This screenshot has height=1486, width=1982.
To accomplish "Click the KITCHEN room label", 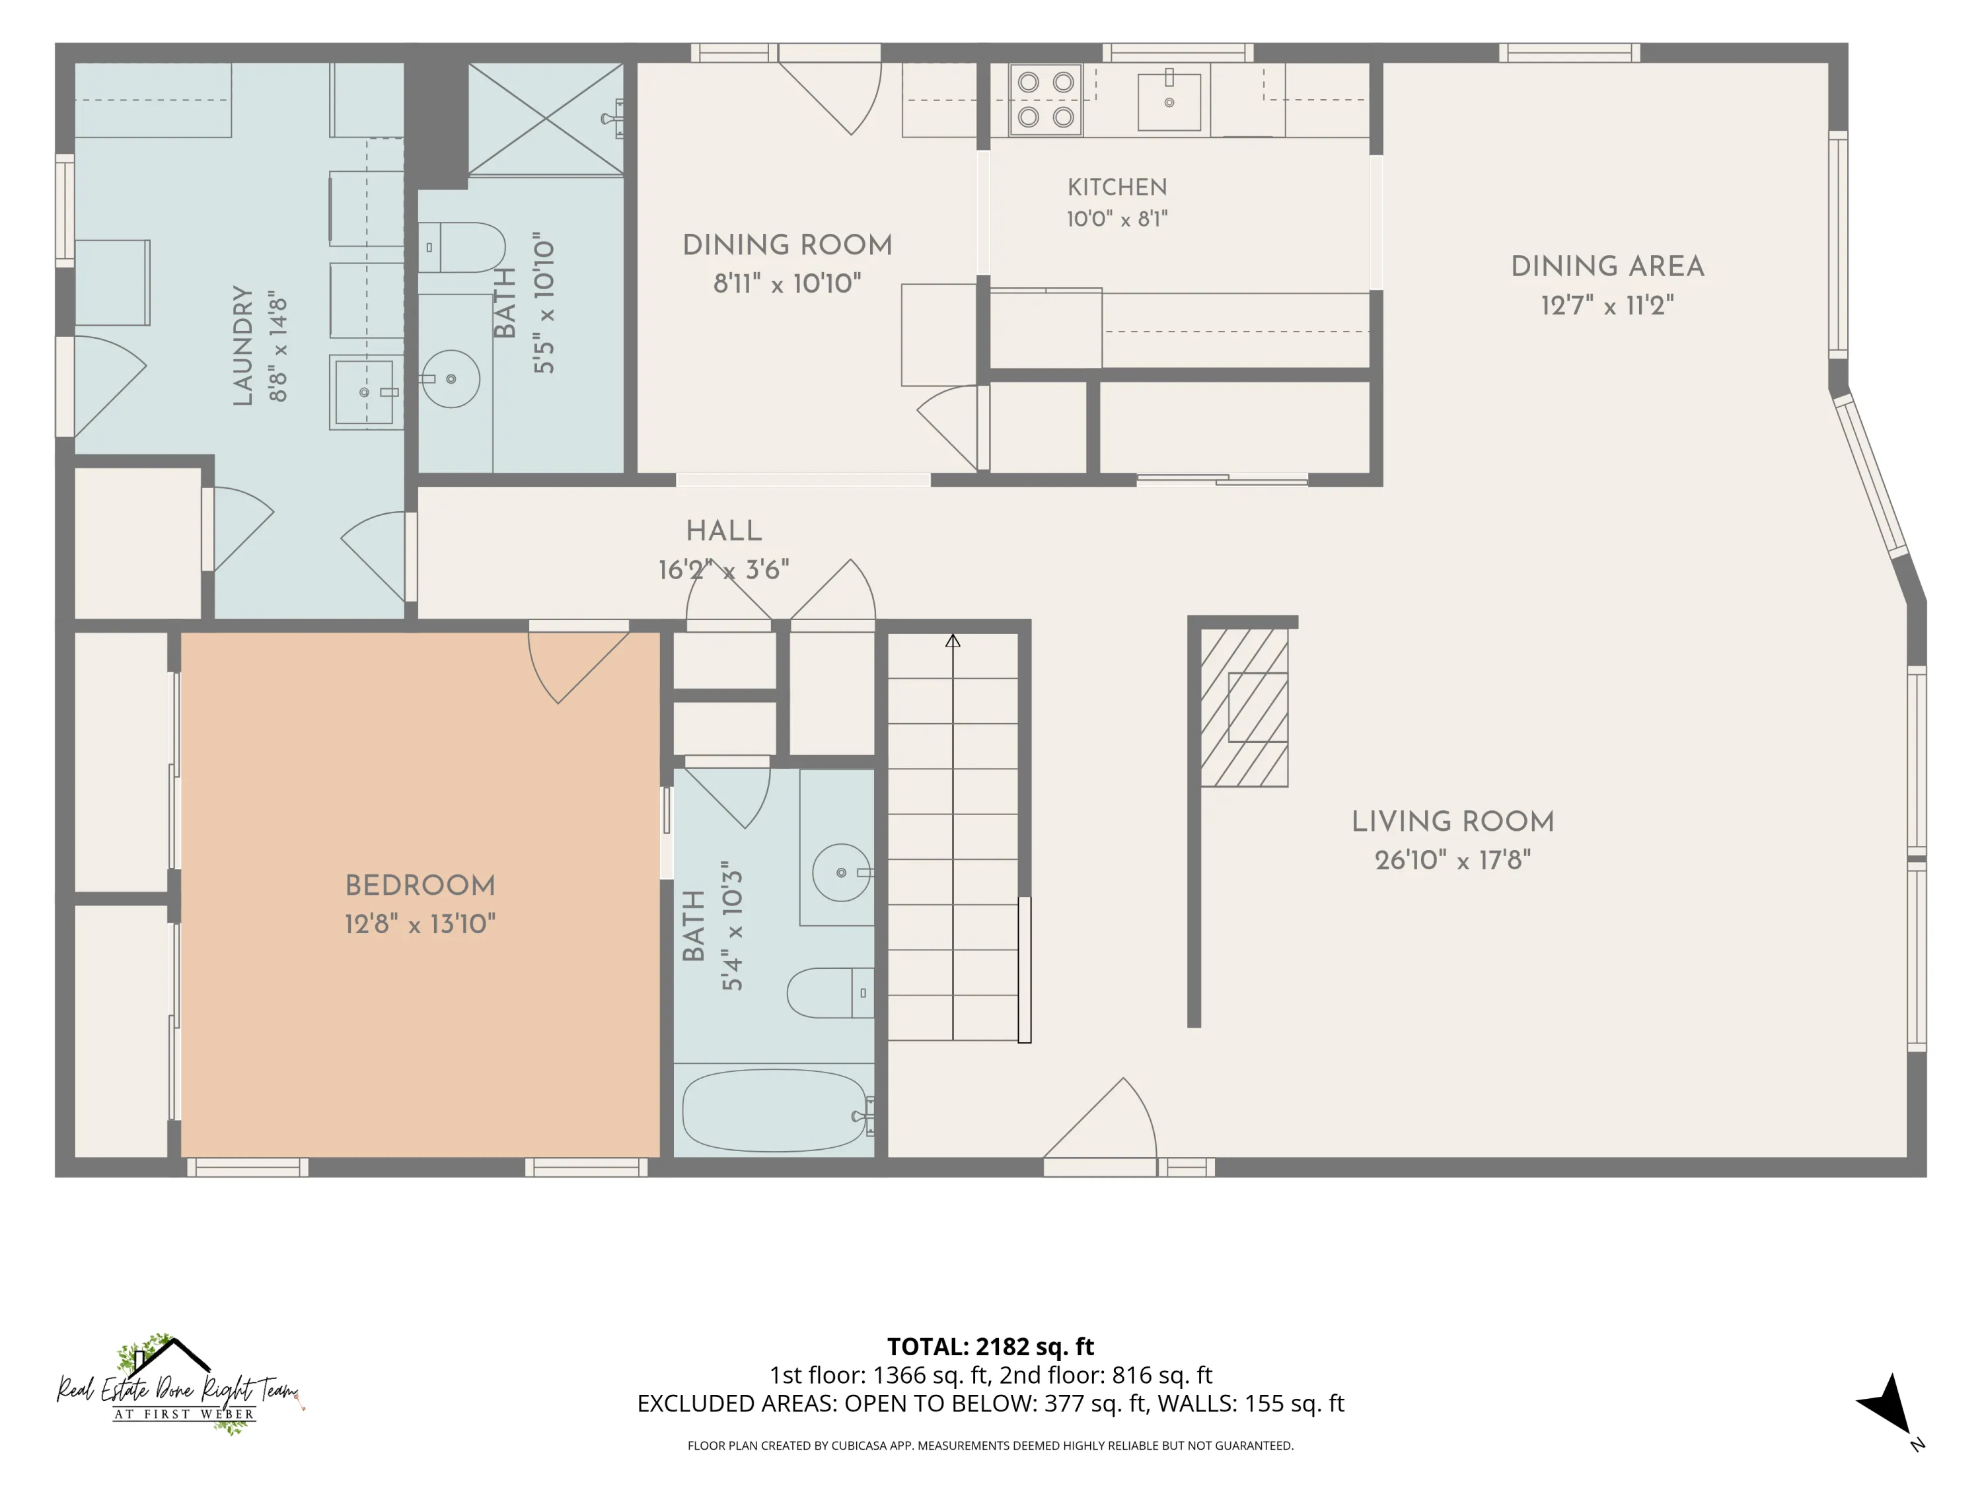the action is (1117, 187).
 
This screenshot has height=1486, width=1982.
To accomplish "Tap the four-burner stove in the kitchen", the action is (1046, 100).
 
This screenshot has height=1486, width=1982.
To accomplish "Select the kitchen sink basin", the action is (1169, 101).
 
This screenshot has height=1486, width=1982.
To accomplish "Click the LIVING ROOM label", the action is (1452, 822).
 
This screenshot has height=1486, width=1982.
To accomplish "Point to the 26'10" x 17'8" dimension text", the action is (1452, 861).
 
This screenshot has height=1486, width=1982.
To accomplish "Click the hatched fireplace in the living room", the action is (1245, 707).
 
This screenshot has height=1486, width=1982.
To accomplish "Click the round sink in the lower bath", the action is (842, 872).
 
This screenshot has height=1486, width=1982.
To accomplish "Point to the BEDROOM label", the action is (420, 885).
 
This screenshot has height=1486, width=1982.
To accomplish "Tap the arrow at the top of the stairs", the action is (953, 641).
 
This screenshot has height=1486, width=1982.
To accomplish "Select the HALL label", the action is (724, 531).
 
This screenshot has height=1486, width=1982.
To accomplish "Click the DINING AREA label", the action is (1607, 266).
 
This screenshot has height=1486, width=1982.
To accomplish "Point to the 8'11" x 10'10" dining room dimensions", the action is (787, 284).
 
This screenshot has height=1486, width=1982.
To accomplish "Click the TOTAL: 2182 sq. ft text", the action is (990, 1346).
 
